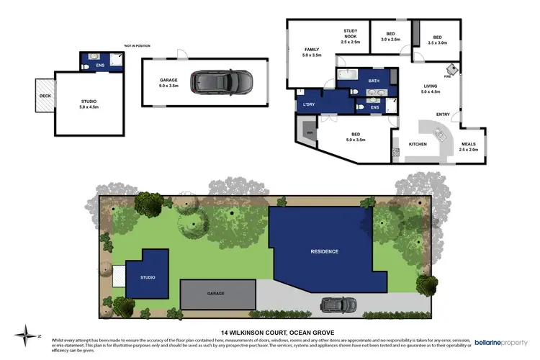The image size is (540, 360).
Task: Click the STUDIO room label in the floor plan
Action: pyautogui.click(x=89, y=104)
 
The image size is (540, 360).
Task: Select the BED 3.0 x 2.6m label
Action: pyautogui.click(x=390, y=37)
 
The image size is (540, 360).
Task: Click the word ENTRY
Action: pyautogui.click(x=443, y=114)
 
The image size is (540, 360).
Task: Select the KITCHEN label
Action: pyautogui.click(x=418, y=144)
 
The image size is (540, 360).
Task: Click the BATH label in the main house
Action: pyautogui.click(x=373, y=81)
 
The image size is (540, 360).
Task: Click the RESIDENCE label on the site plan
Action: pyautogui.click(x=324, y=251)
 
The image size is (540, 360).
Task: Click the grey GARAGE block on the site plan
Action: pyautogui.click(x=217, y=294)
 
